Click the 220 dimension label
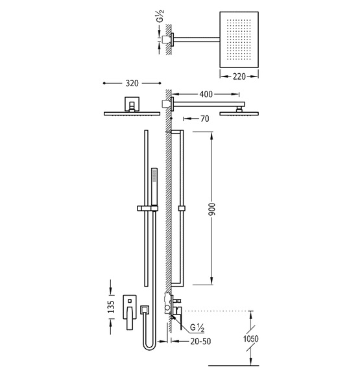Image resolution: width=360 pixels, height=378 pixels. [239, 77]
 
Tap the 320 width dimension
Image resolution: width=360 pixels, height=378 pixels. [132, 84]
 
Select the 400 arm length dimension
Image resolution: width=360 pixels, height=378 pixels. [206, 94]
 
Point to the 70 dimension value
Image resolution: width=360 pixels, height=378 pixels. [205, 119]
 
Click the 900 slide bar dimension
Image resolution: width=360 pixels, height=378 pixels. [212, 209]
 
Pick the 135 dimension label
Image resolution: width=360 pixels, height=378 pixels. [111, 307]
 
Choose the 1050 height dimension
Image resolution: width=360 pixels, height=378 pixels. [251, 338]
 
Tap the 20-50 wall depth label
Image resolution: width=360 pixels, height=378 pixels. [200, 341]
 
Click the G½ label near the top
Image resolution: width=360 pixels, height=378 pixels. [162, 16]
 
